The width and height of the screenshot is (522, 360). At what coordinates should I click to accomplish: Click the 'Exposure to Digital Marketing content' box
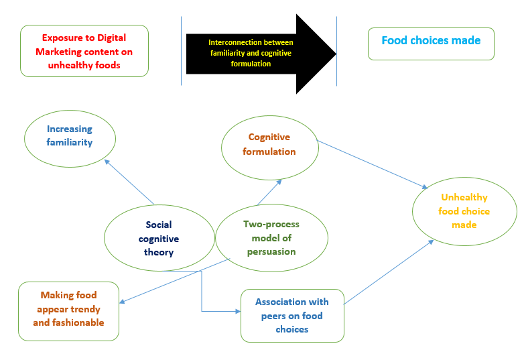coord(84,51)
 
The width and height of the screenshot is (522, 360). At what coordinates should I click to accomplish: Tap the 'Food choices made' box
coord(431,44)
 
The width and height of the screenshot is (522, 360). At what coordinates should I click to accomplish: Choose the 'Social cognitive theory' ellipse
coord(159,238)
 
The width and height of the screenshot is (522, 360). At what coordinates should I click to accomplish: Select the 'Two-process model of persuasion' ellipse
coord(271,238)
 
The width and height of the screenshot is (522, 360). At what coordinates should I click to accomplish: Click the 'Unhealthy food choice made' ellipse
coord(464,211)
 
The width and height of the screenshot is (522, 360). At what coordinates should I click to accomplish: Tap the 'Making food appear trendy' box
coord(69,309)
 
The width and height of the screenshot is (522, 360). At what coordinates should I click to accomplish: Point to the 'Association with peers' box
coord(292,315)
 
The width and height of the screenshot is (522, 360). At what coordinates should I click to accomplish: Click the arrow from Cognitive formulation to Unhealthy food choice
coord(372,165)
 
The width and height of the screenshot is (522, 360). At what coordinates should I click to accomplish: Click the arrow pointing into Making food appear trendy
coord(178,280)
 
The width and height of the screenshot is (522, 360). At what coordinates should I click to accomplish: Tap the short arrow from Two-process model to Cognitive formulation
coord(268,192)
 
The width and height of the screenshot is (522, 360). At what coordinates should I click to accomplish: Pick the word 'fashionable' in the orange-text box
coord(68,322)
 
